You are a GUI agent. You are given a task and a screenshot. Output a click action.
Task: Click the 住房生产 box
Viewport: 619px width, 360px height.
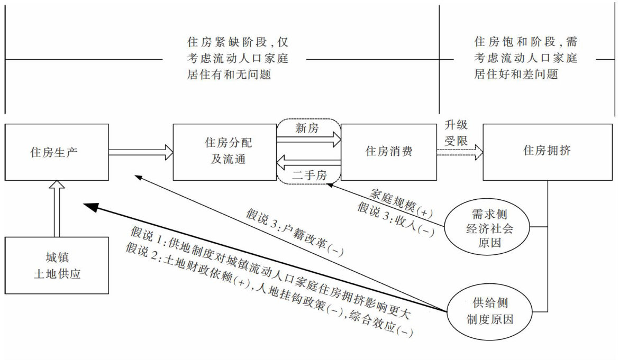click(57, 152)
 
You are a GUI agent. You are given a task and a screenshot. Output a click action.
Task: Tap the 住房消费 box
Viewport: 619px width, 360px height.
click(389, 151)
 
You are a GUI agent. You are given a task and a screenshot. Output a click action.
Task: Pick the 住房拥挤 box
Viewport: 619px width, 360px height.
click(547, 151)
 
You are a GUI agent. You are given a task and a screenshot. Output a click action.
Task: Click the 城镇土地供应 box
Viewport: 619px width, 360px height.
click(57, 265)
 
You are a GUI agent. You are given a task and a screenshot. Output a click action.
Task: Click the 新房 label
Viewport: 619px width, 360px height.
click(308, 128)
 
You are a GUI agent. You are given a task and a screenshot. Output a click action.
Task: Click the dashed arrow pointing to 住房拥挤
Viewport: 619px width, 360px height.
click(460, 152)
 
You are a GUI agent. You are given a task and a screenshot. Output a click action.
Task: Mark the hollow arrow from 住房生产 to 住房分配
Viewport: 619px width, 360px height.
click(141, 152)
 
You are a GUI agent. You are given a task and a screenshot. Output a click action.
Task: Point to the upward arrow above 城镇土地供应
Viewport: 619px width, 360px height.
click(57, 208)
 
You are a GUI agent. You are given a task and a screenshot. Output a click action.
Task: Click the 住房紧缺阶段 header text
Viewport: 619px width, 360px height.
click(238, 58)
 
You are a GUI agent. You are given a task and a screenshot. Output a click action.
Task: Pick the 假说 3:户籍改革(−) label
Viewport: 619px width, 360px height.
click(294, 232)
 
